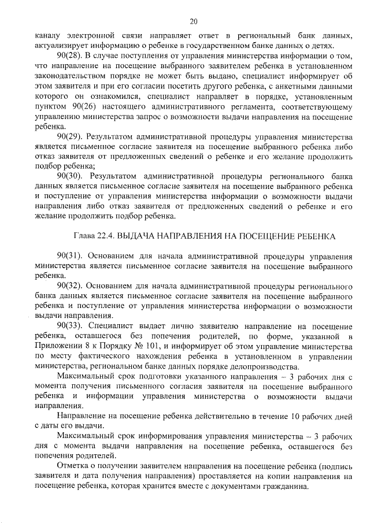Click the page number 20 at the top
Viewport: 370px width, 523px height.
click(193, 21)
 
